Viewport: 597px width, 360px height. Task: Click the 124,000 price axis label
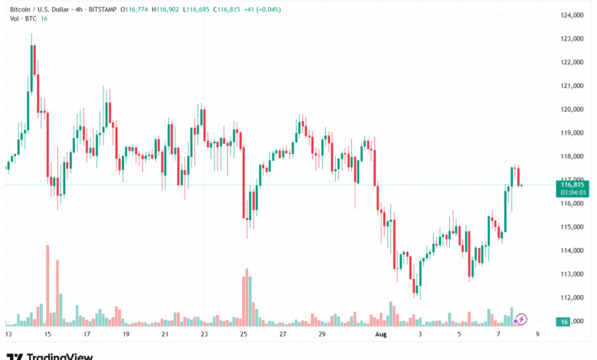point(573,15)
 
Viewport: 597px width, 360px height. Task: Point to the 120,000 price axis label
point(573,109)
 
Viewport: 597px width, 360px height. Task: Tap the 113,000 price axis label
point(573,273)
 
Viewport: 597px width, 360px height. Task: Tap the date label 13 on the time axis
point(9,335)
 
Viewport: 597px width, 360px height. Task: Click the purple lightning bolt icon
point(522,319)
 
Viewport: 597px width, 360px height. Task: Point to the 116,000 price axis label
point(573,203)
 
